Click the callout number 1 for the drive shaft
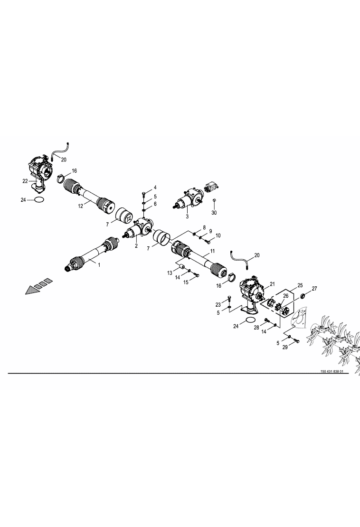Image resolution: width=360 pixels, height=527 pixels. point(99,265)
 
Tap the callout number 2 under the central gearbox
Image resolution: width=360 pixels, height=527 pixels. point(136,245)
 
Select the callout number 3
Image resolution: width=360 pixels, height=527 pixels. point(187,217)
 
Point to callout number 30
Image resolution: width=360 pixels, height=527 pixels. point(214,213)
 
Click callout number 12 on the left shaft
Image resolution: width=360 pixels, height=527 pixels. point(81,206)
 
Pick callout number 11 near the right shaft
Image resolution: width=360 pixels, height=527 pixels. point(212,251)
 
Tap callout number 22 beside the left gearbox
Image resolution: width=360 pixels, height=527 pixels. point(25,181)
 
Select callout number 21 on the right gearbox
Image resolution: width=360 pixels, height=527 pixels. point(272,284)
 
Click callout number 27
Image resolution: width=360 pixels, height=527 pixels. point(314,288)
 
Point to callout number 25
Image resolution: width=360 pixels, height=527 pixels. point(300,285)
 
